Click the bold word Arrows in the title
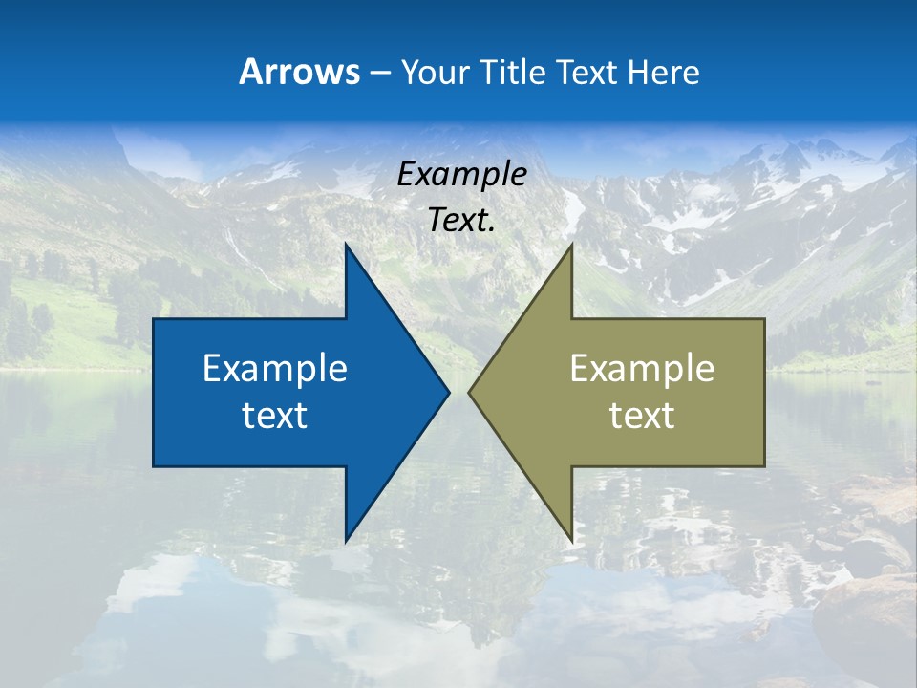300,72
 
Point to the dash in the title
379,73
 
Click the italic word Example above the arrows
462,175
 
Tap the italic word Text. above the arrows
462,221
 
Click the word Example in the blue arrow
275,369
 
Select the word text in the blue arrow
275,416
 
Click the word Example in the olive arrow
642,369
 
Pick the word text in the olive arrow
642,416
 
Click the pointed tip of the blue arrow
448,393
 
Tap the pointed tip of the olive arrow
470,393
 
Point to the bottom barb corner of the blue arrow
346,541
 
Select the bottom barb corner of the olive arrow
571,541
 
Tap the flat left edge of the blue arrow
154,393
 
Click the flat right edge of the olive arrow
764,393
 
